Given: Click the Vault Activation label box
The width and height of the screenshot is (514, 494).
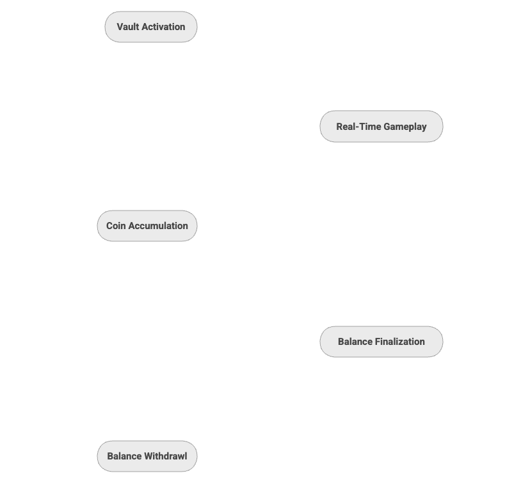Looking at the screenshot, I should point(151,27).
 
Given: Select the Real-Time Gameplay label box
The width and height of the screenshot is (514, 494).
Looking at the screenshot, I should point(381,127).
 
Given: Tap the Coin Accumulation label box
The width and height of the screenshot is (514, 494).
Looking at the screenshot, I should point(147,226).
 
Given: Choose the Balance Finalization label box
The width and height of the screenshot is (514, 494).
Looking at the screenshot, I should point(381,342).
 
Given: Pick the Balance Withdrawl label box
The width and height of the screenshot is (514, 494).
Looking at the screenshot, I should point(147,457).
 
